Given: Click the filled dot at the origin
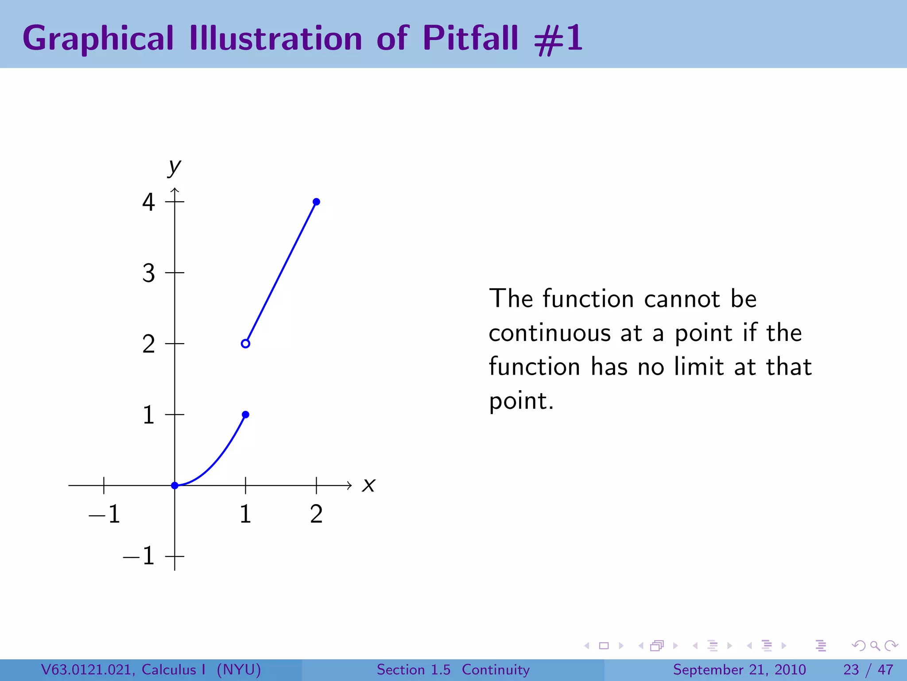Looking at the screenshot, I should tap(174, 485).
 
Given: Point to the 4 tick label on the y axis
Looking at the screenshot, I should tap(148, 202).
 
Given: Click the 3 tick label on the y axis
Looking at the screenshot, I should tap(148, 273).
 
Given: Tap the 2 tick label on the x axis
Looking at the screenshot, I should tap(316, 514).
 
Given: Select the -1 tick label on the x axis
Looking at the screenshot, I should tap(105, 514).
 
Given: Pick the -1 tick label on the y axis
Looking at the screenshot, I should tap(139, 556).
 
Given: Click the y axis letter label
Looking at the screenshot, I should tap(174, 167).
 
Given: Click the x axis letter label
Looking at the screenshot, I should tap(368, 485).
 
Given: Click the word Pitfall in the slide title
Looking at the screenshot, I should tap(470, 38).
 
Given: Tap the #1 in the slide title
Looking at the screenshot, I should tap(559, 39).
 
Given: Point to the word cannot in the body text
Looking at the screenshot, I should tap(682, 299).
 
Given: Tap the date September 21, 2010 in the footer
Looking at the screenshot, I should tap(739, 669).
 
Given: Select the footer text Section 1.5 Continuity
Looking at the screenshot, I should tap(453, 669).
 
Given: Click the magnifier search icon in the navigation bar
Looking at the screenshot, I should tap(874, 646).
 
